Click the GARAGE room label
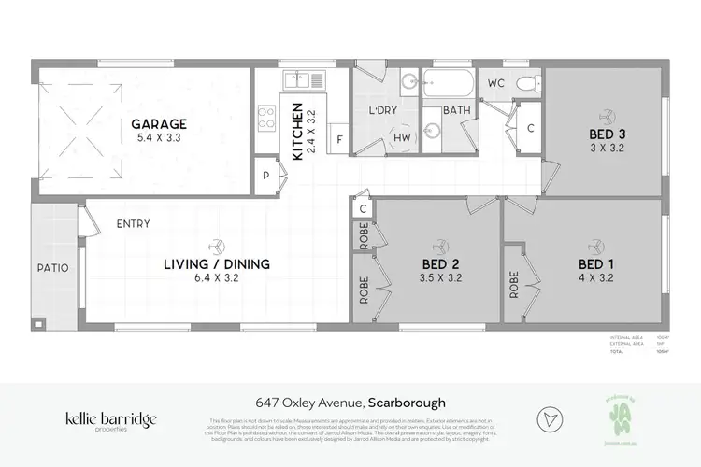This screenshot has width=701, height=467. [x=159, y=123]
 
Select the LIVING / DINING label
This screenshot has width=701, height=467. [x=219, y=264]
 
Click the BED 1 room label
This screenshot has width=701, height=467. [x=596, y=264]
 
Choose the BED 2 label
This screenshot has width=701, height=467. [x=438, y=264]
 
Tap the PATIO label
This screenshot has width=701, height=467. [x=51, y=268]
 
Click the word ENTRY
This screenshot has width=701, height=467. [x=135, y=224]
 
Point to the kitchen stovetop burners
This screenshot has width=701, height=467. [x=266, y=118]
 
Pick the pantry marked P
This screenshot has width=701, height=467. [x=266, y=175]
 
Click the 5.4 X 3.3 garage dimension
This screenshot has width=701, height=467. [x=159, y=138]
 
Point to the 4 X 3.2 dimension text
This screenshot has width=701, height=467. [x=596, y=279]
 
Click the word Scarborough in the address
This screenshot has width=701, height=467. [x=408, y=403]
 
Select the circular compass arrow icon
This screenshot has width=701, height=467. [x=550, y=418]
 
